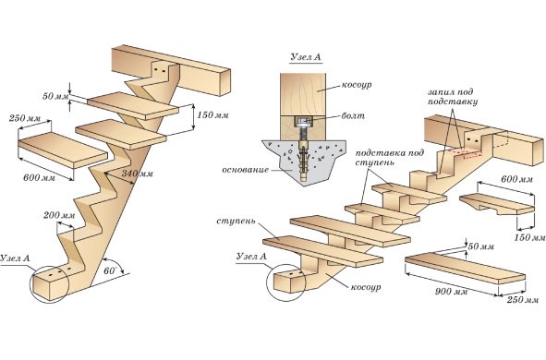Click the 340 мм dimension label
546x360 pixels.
(138, 174)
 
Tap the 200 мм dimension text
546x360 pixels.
(59, 215)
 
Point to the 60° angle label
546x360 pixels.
(110, 270)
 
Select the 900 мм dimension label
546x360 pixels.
(451, 291)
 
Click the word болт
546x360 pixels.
(353, 115)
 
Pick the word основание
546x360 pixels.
(246, 170)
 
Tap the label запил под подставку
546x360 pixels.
(453, 97)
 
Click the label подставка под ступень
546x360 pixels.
(390, 158)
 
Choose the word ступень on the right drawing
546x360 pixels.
(236, 222)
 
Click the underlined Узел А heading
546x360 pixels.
(306, 57)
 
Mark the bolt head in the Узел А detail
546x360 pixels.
(304, 122)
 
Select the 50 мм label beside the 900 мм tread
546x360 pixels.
(481, 246)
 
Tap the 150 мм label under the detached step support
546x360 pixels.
(529, 237)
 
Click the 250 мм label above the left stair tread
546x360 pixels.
(25, 118)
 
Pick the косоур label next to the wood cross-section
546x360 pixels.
(357, 85)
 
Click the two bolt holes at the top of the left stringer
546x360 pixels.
(160, 70)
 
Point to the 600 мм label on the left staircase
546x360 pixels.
(39, 177)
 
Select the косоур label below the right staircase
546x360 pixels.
(366, 287)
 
